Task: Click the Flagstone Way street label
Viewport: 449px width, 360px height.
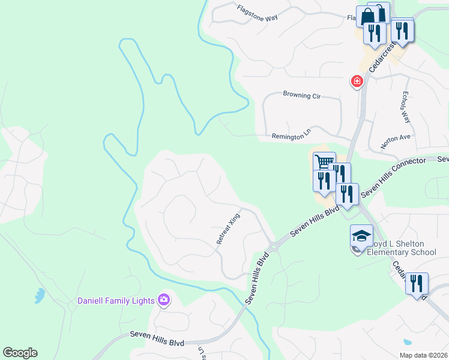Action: [257, 13]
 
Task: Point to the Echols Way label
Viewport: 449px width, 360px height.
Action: [406, 107]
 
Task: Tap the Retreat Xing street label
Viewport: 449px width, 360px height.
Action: [228, 228]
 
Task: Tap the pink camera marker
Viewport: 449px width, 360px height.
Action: [163, 299]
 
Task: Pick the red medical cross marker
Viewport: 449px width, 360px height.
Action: [357, 81]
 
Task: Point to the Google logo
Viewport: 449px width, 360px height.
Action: [20, 353]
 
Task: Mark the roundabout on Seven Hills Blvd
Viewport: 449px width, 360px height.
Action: [273, 246]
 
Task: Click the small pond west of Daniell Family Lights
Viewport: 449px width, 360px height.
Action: [40, 295]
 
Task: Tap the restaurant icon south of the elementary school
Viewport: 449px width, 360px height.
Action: [417, 283]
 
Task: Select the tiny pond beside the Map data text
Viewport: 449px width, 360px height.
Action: [408, 342]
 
